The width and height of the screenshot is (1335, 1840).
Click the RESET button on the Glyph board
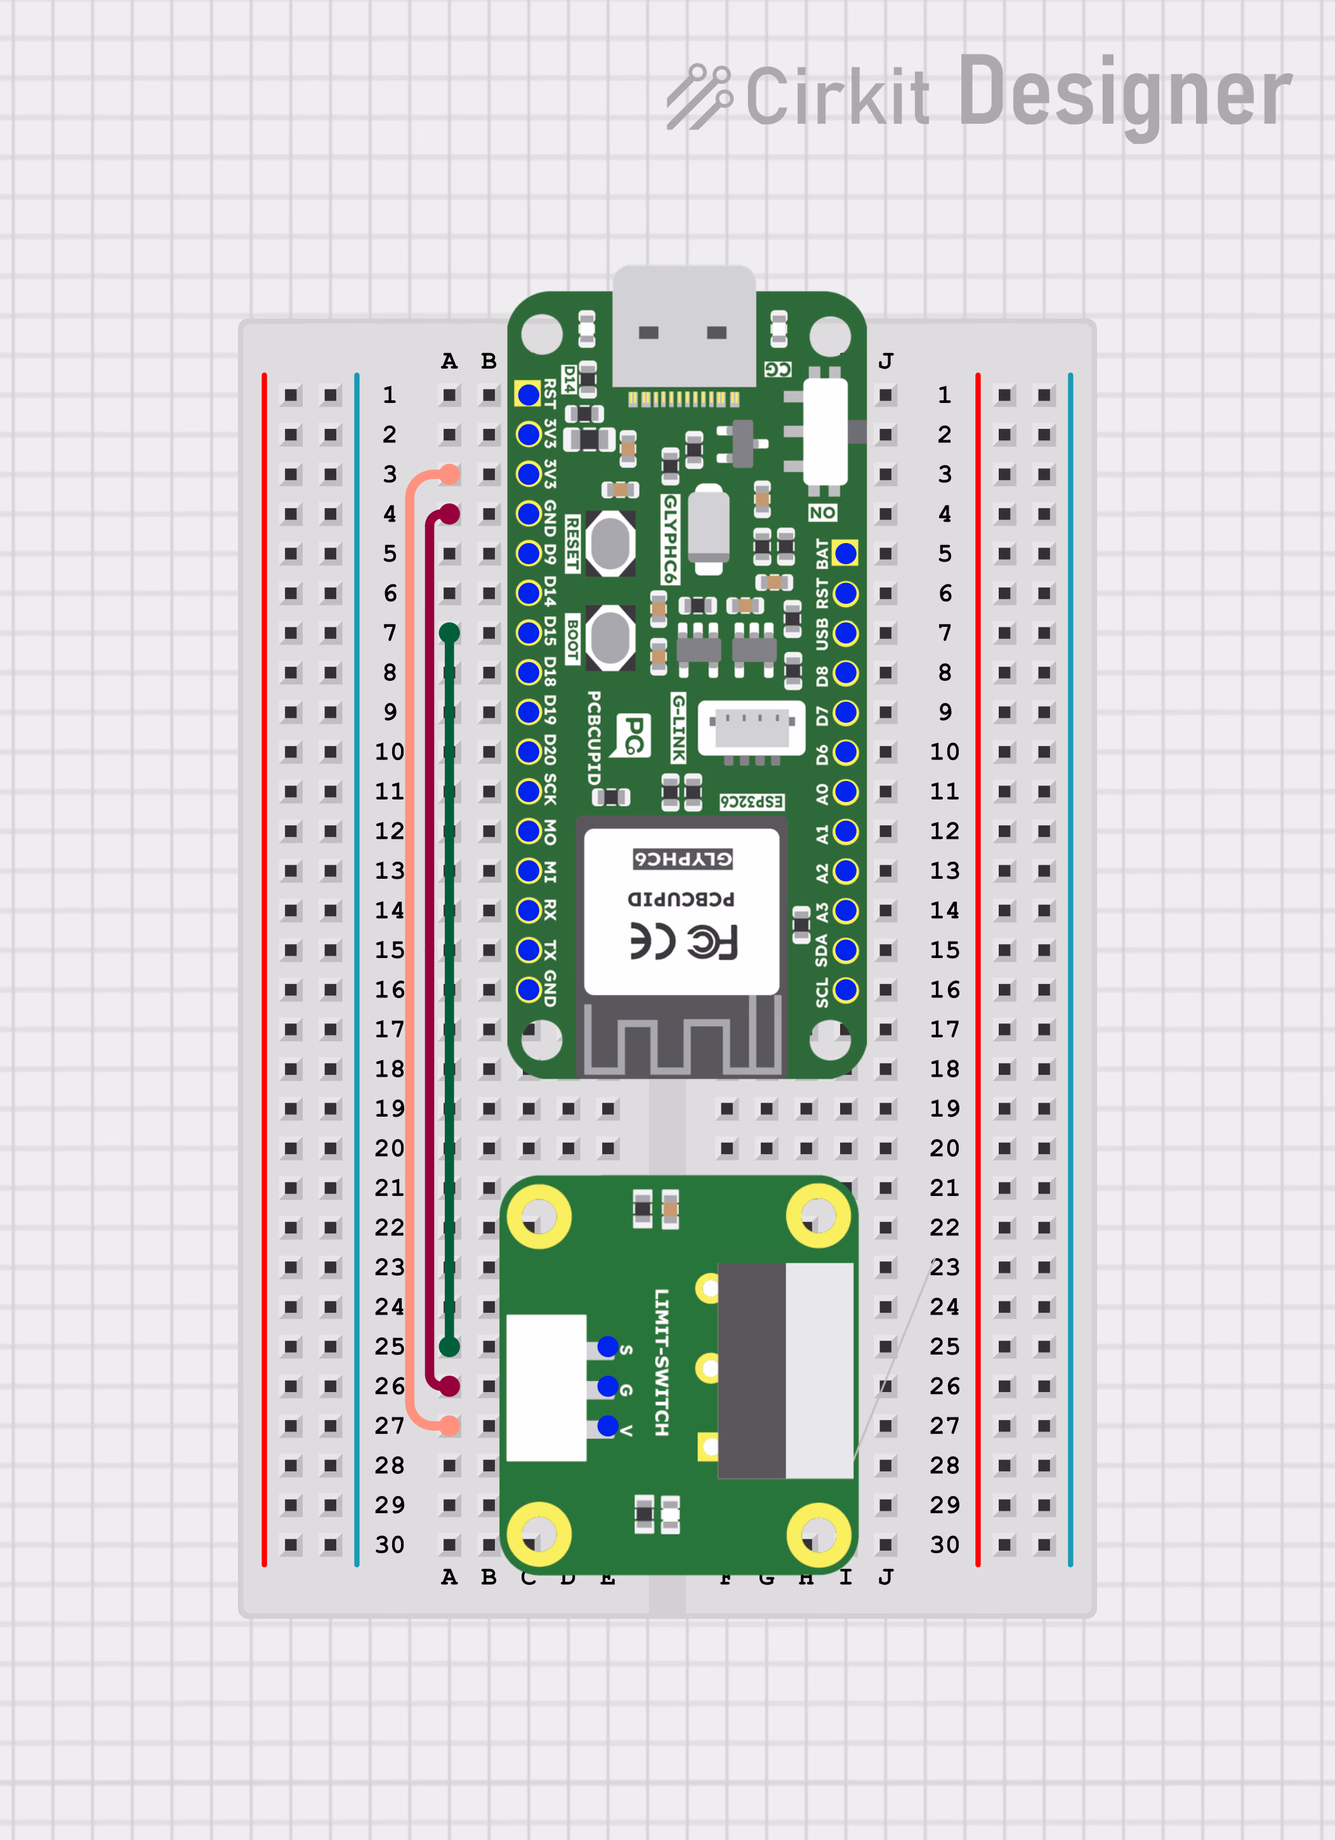pos(610,542)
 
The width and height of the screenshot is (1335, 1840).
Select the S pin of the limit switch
pos(607,1347)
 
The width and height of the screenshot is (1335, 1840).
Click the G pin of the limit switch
pos(607,1386)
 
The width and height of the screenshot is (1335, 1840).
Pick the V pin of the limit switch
pos(607,1426)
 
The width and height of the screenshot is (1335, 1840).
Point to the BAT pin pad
pos(845,553)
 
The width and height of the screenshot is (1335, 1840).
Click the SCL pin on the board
pos(845,990)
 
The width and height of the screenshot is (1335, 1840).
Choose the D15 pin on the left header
pos(529,633)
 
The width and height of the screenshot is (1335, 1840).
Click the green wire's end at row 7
pos(449,633)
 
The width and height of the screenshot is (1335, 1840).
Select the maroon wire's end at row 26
pos(449,1386)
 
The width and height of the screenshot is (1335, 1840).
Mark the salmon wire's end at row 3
pos(449,475)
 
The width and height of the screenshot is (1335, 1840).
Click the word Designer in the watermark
pos(1124,96)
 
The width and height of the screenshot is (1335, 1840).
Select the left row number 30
pos(390,1545)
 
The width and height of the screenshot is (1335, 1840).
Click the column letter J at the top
pos(885,361)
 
